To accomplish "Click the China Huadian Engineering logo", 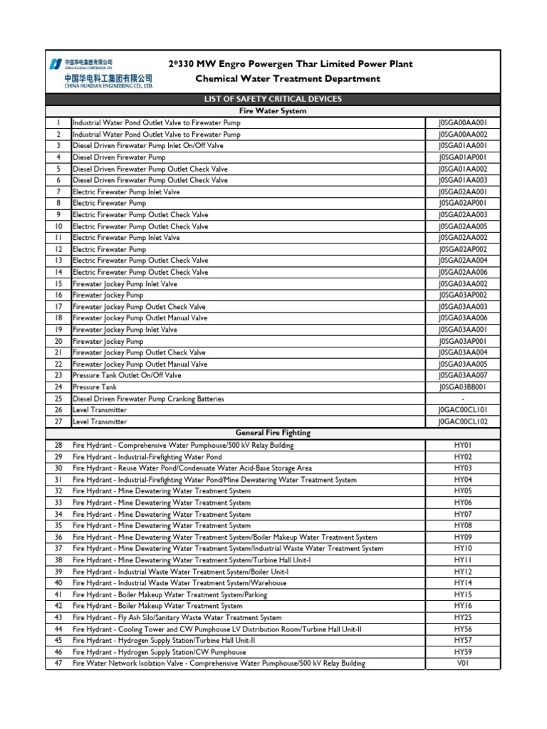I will [100, 73].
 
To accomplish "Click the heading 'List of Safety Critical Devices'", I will [273, 99].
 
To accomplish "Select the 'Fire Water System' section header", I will [273, 111].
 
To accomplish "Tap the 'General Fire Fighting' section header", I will [273, 433].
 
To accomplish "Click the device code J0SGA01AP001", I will [463, 157].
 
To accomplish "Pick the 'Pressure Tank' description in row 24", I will [95, 387].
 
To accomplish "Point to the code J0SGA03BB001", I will [463, 387].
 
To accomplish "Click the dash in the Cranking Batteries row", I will [463, 399].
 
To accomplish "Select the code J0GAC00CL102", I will [463, 421].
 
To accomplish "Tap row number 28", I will [58, 445].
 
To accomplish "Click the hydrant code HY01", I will [463, 445].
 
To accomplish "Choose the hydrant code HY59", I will [463, 651].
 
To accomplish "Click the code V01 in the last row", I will [463, 663].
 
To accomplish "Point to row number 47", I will [58, 663].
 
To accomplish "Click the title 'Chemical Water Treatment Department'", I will [288, 79].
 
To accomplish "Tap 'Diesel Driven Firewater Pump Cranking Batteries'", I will [148, 399].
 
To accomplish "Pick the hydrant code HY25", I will [463, 617].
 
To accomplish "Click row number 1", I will [58, 122].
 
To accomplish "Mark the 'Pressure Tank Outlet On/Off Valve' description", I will [127, 375].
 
